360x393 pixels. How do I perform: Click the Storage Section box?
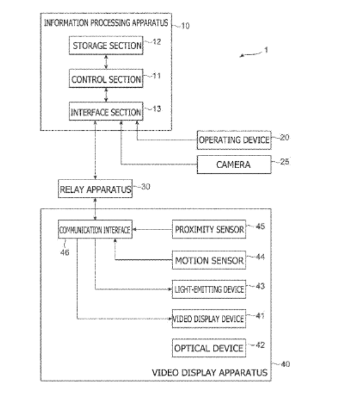106,45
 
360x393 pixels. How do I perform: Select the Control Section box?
106,79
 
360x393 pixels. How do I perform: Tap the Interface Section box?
106,111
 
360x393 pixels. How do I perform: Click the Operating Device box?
234,140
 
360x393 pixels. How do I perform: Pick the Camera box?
234,165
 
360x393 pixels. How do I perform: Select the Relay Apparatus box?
95,189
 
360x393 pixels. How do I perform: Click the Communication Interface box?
95,229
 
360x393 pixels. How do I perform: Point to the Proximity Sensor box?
209,229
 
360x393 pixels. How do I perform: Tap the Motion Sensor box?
209,260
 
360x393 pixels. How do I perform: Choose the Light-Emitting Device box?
209,289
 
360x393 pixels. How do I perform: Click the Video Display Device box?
209,318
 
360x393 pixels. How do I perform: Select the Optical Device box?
209,348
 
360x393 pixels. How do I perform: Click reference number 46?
65,252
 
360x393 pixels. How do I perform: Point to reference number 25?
285,162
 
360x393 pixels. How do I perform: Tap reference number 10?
185,26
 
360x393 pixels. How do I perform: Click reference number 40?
285,364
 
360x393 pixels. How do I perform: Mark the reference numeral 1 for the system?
266,50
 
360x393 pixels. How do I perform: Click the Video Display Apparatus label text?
210,373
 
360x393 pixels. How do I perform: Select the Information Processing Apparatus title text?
106,23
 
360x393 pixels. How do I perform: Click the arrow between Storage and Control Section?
106,62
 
